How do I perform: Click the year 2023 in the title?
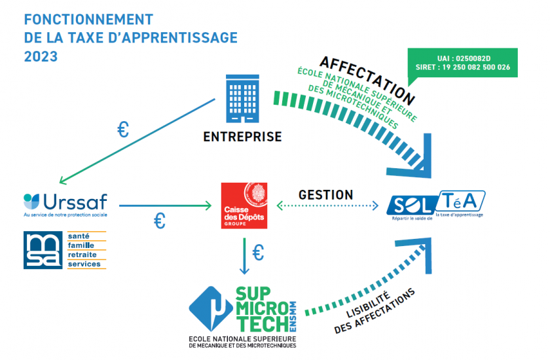pyautogui.click(x=41, y=56)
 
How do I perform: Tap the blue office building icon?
pyautogui.click(x=242, y=98)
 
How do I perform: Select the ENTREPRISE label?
pyautogui.click(x=242, y=137)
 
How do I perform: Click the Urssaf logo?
pyautogui.click(x=65, y=205)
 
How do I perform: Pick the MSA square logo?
pyautogui.click(x=43, y=250)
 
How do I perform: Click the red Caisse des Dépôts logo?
pyautogui.click(x=244, y=206)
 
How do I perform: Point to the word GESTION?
pyautogui.click(x=325, y=195)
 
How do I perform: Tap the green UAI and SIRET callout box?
pyautogui.click(x=463, y=63)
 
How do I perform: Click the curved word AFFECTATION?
pyautogui.click(x=367, y=81)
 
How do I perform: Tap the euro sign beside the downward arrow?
pyautogui.click(x=258, y=253)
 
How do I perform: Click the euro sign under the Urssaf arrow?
pyautogui.click(x=160, y=221)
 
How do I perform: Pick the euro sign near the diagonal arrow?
pyautogui.click(x=123, y=130)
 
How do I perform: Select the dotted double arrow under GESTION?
pyautogui.click(x=327, y=206)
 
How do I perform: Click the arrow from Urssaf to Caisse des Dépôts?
pyautogui.click(x=165, y=206)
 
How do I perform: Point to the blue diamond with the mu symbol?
pyautogui.click(x=211, y=309)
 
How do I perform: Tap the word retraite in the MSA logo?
pyautogui.click(x=82, y=255)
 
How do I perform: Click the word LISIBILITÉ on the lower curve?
pyautogui.click(x=368, y=304)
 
